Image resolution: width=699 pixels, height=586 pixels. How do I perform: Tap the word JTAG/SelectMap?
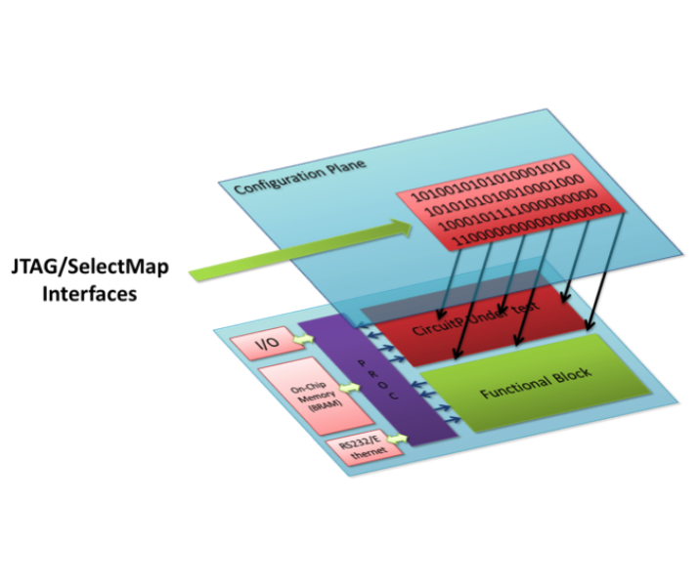click(x=87, y=266)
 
